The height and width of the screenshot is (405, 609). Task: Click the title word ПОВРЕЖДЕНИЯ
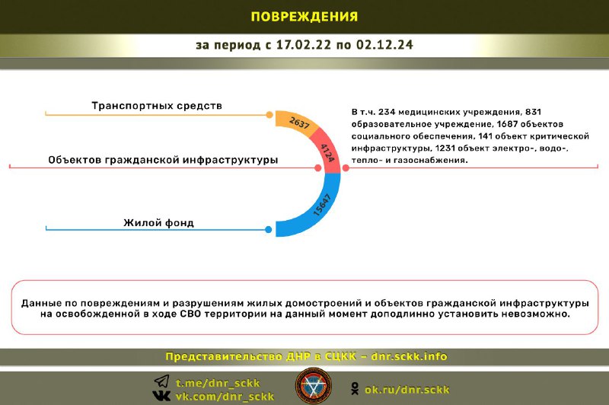(x=304, y=17)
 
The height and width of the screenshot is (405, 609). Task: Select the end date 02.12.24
(x=384, y=45)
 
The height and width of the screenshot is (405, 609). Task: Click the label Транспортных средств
(x=157, y=106)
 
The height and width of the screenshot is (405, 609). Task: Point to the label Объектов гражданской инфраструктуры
(x=163, y=160)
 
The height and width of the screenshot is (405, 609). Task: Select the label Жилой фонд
(x=158, y=223)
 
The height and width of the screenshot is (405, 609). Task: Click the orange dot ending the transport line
(x=269, y=114)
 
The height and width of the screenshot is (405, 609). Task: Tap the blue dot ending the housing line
(x=269, y=229)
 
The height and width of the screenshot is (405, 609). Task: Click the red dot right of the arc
(x=346, y=167)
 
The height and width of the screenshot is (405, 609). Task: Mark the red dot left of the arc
(x=317, y=167)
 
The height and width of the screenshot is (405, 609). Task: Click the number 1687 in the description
(x=507, y=124)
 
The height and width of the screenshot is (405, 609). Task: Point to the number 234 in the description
(x=387, y=112)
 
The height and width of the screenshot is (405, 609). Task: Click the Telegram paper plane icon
(x=162, y=381)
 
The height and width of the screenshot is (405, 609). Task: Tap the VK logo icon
(x=161, y=396)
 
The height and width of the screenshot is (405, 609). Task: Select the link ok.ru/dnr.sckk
(x=407, y=390)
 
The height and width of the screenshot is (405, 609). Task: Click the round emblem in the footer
(x=314, y=387)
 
